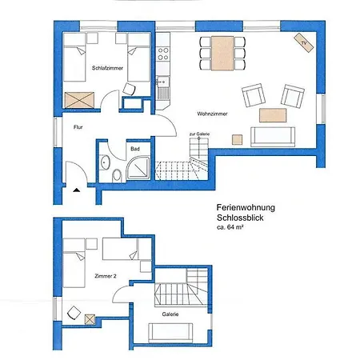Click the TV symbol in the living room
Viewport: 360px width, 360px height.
coord(303,42)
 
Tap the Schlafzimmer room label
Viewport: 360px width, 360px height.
coord(107,68)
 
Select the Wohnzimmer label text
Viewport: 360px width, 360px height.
coord(212,114)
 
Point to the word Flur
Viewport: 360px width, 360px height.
coord(78,127)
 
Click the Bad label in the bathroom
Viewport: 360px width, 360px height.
coord(135,149)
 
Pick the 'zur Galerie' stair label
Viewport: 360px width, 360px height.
coord(199,134)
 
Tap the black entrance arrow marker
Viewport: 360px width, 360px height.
coord(77,190)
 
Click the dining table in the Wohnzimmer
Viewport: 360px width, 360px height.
coord(222,54)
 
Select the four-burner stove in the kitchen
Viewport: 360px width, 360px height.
coord(163,54)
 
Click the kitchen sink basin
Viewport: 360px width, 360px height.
coord(163,82)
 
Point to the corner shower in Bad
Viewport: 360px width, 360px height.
coord(138,168)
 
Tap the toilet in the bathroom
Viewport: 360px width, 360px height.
coord(117,175)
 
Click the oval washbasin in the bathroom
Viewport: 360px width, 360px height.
coord(105,162)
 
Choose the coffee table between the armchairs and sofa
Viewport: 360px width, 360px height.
coord(273,115)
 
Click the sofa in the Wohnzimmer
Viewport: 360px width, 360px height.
coord(273,137)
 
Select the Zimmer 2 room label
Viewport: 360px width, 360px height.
coord(106,276)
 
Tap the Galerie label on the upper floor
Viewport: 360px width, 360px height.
coord(170,314)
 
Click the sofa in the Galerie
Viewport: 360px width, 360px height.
coord(170,333)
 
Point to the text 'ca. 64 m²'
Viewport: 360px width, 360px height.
coord(230,227)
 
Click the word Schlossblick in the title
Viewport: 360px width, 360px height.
coord(240,218)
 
